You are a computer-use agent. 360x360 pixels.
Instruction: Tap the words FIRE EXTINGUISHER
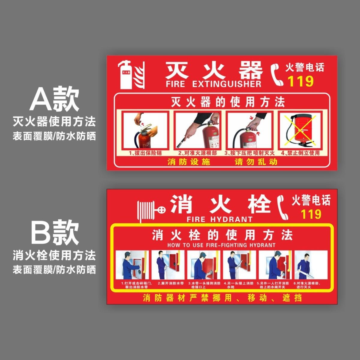click(x=213, y=84)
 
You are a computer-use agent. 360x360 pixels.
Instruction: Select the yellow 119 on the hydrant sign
click(x=311, y=214)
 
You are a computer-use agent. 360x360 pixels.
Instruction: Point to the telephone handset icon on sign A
click(x=277, y=75)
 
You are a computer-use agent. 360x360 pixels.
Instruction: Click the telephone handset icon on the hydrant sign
click(x=283, y=207)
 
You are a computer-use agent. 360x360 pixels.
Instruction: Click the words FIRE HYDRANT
click(x=219, y=219)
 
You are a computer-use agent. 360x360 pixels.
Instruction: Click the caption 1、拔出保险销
click(x=145, y=153)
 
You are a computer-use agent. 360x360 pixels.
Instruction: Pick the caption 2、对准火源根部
click(x=197, y=153)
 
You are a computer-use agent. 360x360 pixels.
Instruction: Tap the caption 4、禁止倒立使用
click(x=300, y=153)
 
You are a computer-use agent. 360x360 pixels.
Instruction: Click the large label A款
click(x=55, y=99)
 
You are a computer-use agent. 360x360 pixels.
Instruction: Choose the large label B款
click(x=55, y=232)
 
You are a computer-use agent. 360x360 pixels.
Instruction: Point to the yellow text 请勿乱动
click(x=256, y=162)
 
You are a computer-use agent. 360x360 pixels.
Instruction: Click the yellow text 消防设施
click(x=189, y=162)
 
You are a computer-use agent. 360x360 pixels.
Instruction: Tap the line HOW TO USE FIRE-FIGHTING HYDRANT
click(x=221, y=245)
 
